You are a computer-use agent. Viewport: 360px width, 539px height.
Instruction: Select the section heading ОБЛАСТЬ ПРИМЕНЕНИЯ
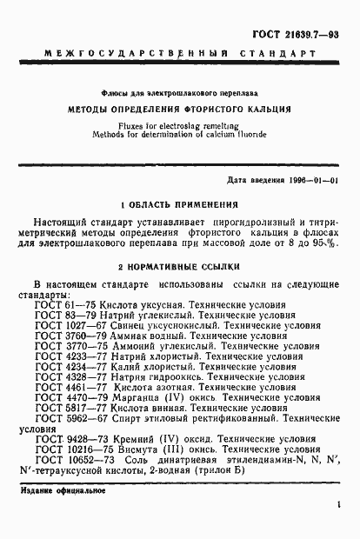click(x=183, y=205)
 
